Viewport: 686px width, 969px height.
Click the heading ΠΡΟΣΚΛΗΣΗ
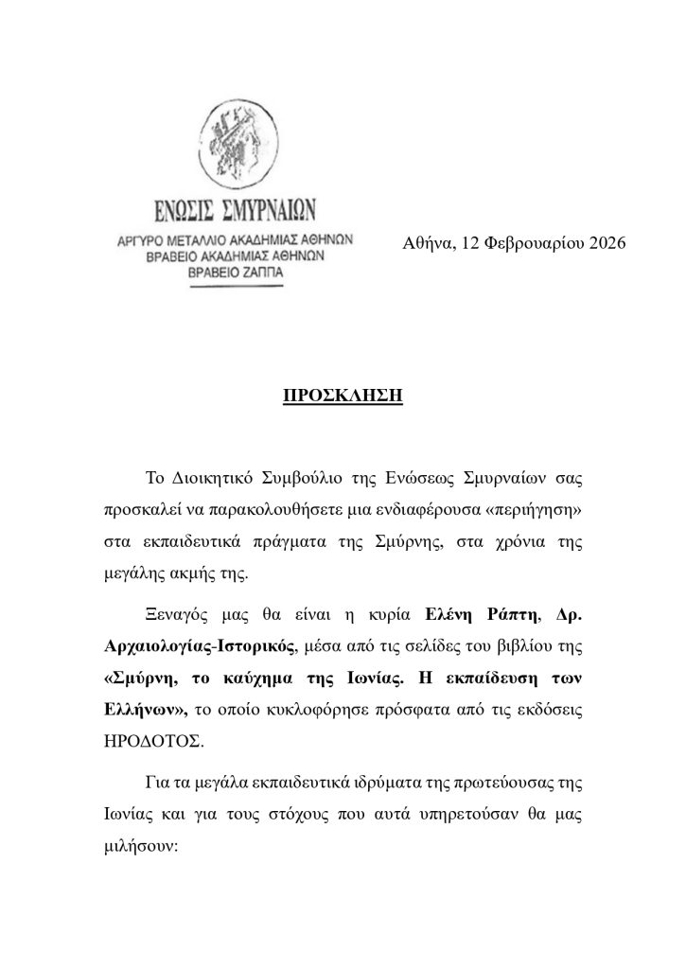(343, 392)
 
